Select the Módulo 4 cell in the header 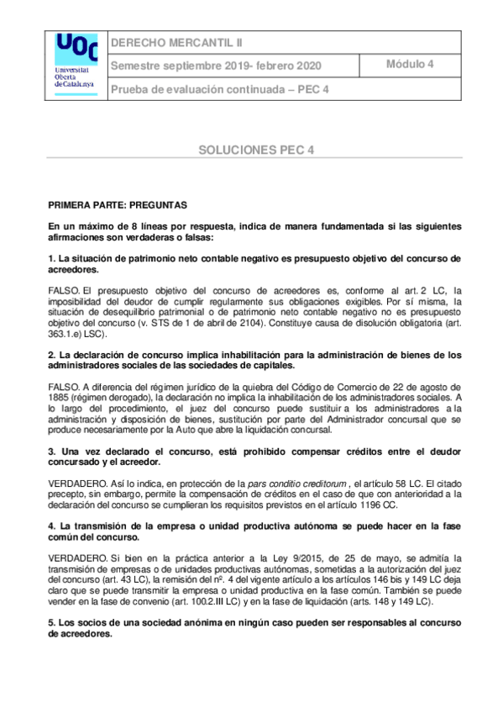(x=410, y=64)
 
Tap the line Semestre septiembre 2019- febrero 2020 (x=216, y=66)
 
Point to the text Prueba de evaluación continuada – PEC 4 (x=220, y=89)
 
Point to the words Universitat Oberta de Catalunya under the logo (x=75, y=77)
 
